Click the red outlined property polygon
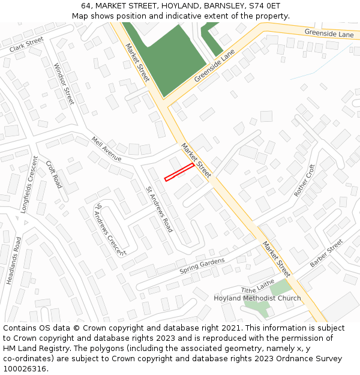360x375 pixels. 179,172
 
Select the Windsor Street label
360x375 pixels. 64,84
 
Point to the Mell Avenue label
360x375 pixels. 106,149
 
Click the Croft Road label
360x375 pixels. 54,174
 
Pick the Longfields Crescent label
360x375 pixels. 28,185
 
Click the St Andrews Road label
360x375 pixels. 159,209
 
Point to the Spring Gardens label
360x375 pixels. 202,266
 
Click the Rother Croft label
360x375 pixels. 304,181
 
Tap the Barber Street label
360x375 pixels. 326,253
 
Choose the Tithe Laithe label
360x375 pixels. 257,286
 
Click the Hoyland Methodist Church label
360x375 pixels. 257,298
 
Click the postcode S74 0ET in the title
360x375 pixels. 261,5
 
